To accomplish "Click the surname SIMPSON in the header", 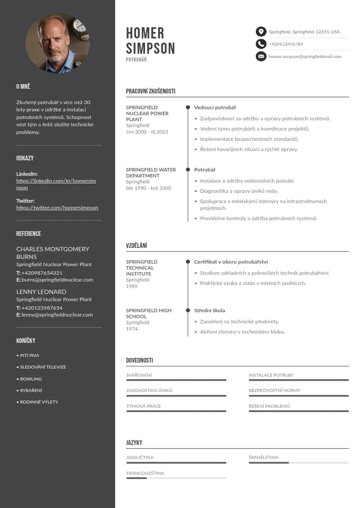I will [x=150, y=48].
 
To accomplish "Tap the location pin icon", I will [x=261, y=32].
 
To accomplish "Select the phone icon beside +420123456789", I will [x=261, y=44].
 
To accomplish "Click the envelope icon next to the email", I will [x=261, y=57].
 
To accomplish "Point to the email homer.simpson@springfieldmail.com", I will [x=305, y=57].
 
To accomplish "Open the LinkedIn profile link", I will [x=56, y=184].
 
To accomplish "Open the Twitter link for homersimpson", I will [x=57, y=208].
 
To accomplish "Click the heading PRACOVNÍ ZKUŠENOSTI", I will [x=151, y=91].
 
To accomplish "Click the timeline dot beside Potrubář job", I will [x=188, y=170].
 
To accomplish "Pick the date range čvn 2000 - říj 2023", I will [x=147, y=132].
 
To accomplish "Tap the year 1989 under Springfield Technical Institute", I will [x=131, y=286].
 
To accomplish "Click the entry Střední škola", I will [x=209, y=311].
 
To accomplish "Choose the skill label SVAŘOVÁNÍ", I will [x=139, y=375].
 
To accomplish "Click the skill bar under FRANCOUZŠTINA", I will [x=176, y=478].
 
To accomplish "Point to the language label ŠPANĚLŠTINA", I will [x=263, y=458].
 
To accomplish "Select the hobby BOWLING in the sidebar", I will [x=31, y=379].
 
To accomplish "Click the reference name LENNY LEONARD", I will [x=41, y=292].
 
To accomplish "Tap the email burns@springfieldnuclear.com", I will [x=57, y=280].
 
